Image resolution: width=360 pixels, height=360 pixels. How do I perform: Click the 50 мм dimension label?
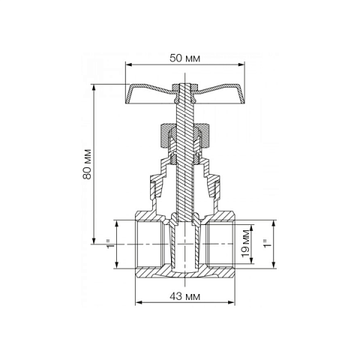(x=184, y=58)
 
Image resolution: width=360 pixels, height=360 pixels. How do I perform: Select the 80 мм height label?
(x=87, y=164)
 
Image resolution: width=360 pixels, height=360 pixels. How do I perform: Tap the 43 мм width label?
(x=184, y=297)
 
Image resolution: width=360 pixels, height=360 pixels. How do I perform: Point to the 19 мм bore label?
(x=246, y=243)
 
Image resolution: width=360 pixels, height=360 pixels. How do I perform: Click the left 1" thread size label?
(x=110, y=244)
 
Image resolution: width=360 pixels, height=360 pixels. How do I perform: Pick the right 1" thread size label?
(x=268, y=244)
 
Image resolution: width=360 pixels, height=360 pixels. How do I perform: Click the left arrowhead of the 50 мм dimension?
(x=128, y=65)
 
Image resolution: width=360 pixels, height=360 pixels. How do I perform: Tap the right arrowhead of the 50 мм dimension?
(x=241, y=65)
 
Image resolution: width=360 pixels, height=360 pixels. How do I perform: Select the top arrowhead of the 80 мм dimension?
(x=94, y=88)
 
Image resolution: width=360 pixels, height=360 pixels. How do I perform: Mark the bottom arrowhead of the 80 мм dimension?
(x=94, y=241)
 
